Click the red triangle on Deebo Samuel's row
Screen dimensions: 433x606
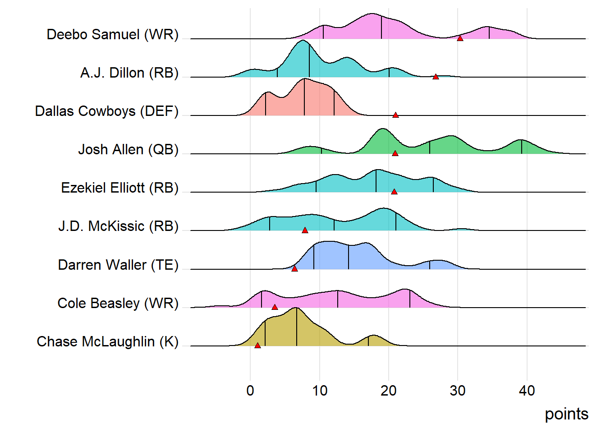coord(460,38)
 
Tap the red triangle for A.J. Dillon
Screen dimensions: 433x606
coord(436,77)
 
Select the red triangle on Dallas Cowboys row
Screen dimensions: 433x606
coord(395,115)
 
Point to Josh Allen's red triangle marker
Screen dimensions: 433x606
coord(395,153)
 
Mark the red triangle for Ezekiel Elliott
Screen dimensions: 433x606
coord(394,192)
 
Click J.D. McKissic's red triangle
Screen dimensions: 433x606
coord(305,230)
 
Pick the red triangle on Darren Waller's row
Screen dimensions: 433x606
coord(294,268)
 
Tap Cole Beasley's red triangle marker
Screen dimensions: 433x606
coord(275,307)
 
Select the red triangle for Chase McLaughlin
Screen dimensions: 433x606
coord(257,345)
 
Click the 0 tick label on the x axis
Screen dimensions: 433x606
coord(250,391)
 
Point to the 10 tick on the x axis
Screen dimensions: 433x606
coord(320,391)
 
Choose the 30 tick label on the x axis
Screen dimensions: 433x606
coord(458,391)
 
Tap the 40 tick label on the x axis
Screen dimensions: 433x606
coord(527,391)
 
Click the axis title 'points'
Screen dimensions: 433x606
coord(566,414)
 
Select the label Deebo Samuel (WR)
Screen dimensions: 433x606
coord(113,34)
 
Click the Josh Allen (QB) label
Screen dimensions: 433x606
coord(129,149)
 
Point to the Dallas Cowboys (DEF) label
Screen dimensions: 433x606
coord(107,111)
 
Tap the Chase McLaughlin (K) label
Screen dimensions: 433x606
coord(108,341)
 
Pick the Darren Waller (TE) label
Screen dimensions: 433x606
coord(118,265)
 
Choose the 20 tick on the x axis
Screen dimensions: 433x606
coord(389,391)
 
